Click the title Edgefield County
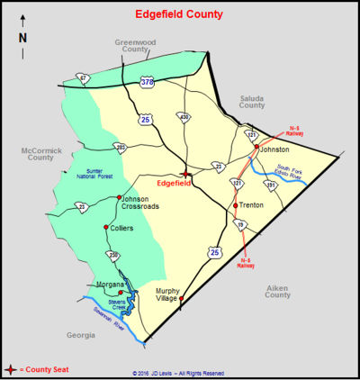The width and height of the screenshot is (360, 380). (179, 14)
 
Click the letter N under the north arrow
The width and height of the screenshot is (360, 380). (23, 38)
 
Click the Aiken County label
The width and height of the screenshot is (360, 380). (277, 290)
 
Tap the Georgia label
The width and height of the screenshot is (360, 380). (80, 334)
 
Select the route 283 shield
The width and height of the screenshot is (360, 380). (121, 146)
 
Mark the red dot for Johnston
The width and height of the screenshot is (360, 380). (256, 146)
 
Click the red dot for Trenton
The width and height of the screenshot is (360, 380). (236, 205)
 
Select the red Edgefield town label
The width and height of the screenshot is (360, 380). (175, 184)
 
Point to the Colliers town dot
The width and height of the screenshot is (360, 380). (106, 227)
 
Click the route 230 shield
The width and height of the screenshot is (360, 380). (113, 256)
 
